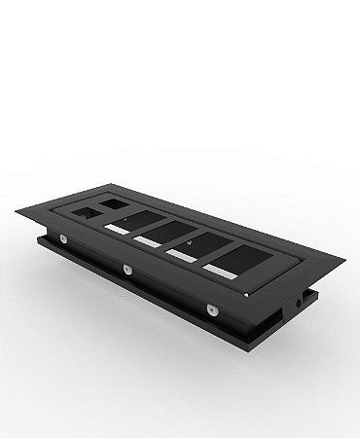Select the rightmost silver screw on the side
coord(209,310)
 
